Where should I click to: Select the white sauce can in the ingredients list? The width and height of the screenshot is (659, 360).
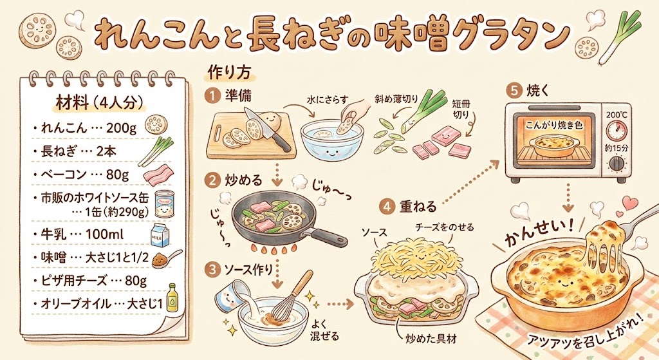coord(164,204)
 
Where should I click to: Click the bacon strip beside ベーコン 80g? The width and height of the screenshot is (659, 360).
coord(158,175)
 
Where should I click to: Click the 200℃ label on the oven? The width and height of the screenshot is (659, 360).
coord(616,115)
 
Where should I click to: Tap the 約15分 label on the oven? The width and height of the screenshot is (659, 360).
coord(617,149)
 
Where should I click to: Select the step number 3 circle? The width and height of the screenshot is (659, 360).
coord(212,270)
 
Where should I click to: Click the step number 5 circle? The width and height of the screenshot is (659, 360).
coord(514,91)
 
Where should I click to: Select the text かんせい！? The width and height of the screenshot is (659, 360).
coord(539,233)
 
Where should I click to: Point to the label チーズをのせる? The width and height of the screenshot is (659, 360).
coord(445,227)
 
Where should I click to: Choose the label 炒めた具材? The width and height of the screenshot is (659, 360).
coord(431,339)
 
